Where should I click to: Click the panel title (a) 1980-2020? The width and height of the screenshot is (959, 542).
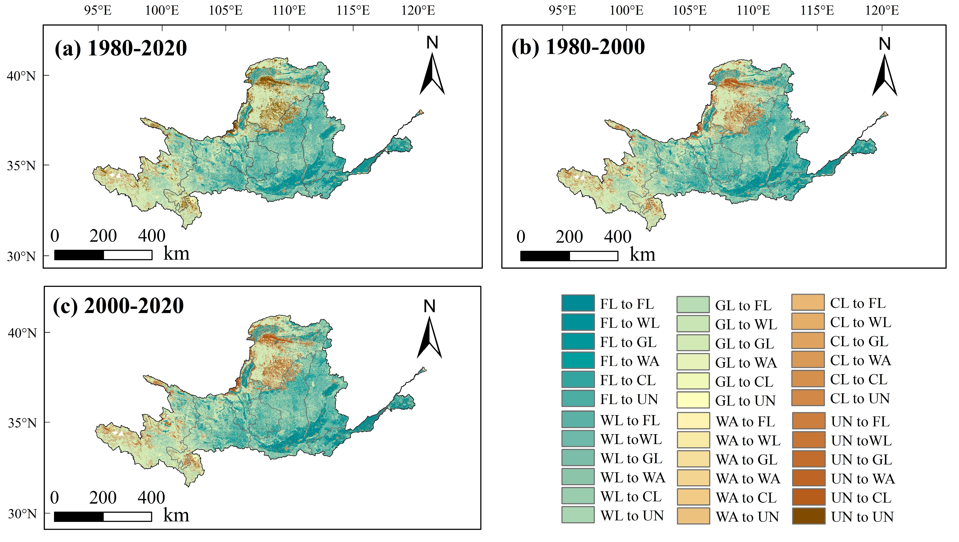click(120, 48)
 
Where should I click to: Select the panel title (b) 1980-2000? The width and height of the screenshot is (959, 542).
click(578, 47)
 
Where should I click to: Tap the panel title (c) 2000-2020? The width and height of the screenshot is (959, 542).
click(118, 306)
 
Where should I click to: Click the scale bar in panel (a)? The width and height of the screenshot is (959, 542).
click(103, 255)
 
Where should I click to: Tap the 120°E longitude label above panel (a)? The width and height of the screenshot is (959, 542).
click(418, 10)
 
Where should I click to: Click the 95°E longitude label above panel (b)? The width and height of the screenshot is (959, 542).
click(562, 10)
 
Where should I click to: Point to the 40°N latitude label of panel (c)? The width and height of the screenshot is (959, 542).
click(22, 333)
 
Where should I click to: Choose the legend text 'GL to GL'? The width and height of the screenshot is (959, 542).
click(744, 344)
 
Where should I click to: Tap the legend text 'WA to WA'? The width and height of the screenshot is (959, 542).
click(748, 479)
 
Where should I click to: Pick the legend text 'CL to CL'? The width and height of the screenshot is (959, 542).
click(858, 379)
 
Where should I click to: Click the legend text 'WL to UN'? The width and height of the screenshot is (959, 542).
click(632, 516)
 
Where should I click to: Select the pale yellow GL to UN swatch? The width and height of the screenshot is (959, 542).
click(693, 400)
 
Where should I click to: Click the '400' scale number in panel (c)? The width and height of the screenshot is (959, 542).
click(151, 498)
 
